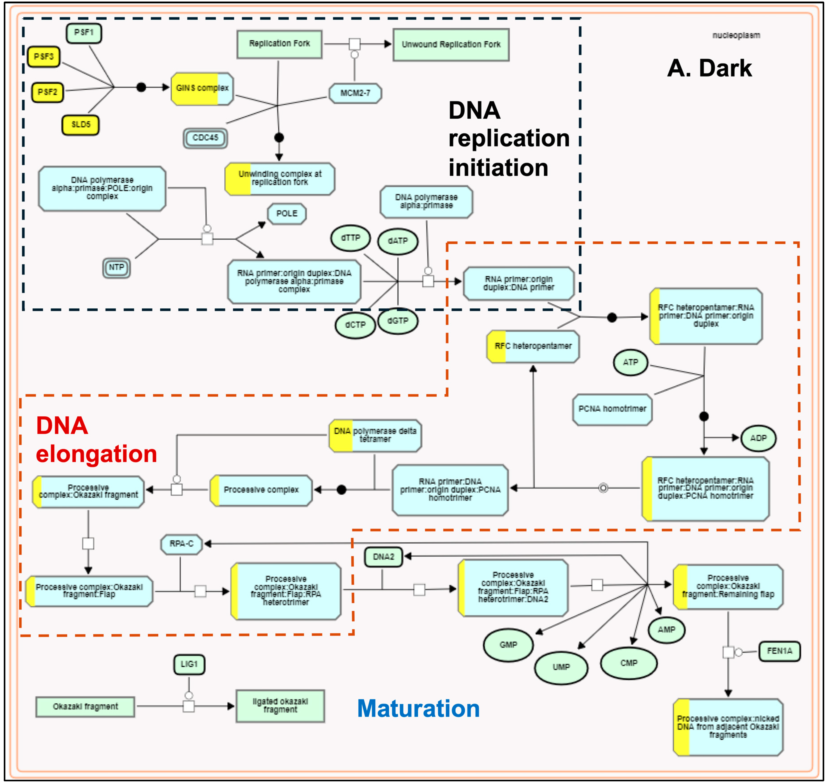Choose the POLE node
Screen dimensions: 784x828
287,213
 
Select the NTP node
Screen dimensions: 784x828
116,267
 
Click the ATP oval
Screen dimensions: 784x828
630,362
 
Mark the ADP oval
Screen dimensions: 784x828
758,438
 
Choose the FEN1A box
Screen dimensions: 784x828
779,651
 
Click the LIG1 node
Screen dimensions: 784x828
189,664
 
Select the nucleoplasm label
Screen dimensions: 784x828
736,35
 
